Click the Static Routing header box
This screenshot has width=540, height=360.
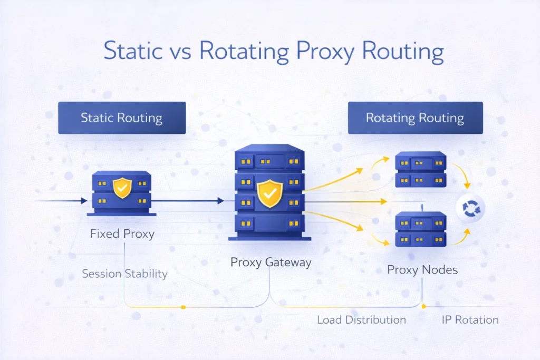[x=121, y=118]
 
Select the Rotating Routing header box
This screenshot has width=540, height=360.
[x=415, y=118]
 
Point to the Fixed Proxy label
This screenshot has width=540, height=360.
[x=122, y=233]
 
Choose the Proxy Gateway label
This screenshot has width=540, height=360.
[x=271, y=262]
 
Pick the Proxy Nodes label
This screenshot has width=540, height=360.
[x=422, y=270]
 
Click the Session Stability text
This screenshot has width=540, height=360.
[x=124, y=274]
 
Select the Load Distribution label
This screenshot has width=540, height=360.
[x=361, y=320]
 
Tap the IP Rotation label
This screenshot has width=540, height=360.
[x=470, y=320]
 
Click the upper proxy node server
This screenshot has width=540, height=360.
[x=421, y=170]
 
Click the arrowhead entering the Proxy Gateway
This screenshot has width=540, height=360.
[x=220, y=201]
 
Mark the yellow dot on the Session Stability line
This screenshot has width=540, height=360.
[x=183, y=307]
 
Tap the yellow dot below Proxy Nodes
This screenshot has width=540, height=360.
[x=423, y=304]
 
